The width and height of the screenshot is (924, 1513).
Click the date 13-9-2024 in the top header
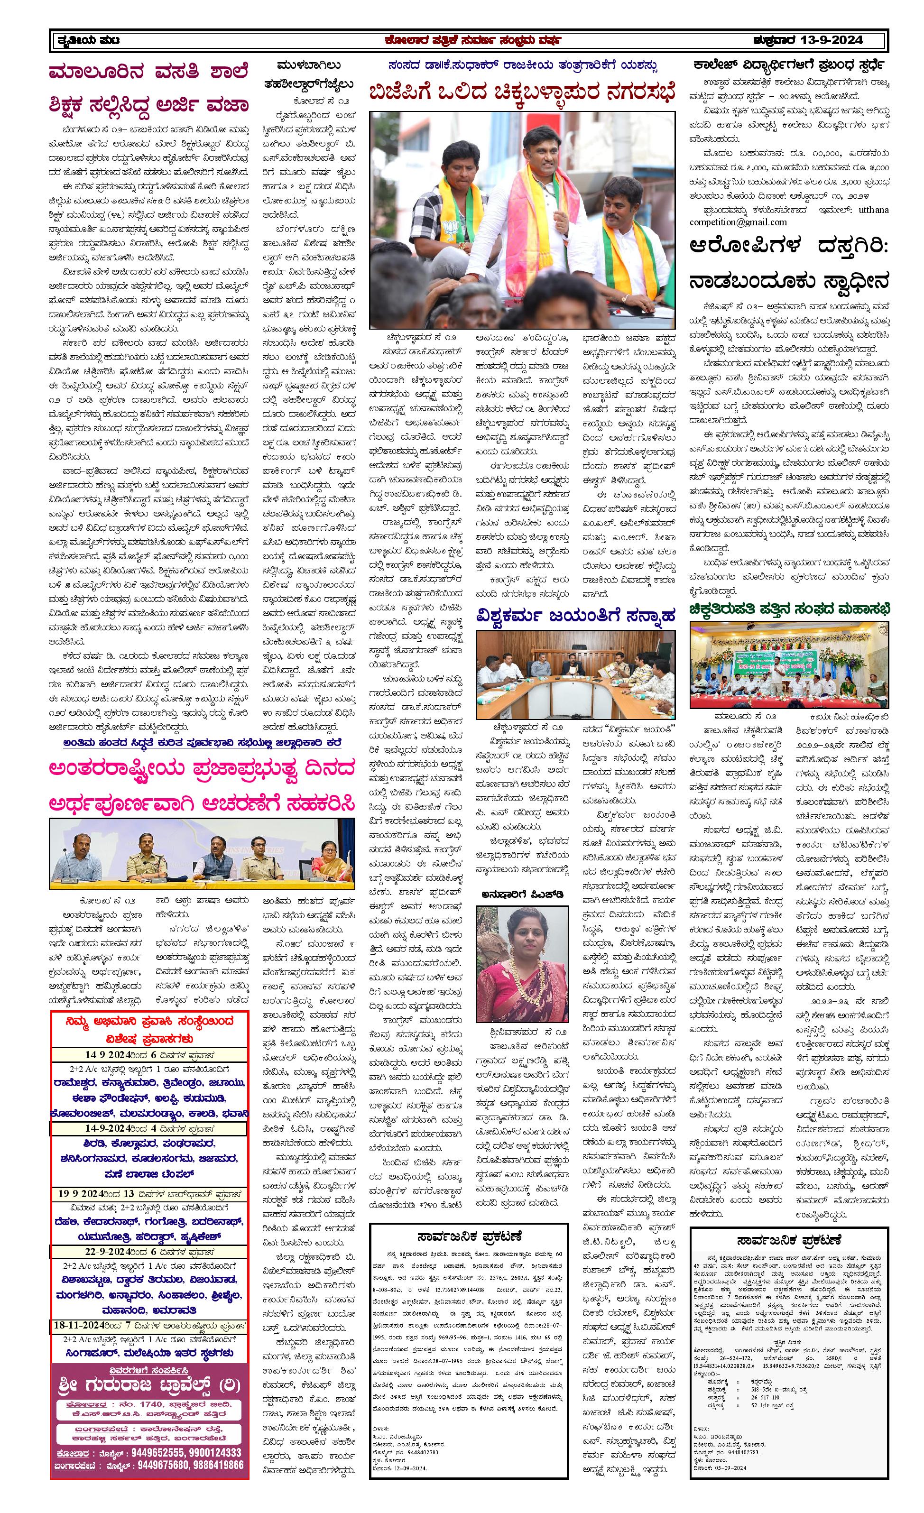point(832,40)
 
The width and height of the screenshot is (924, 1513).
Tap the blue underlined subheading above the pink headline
point(202,742)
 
